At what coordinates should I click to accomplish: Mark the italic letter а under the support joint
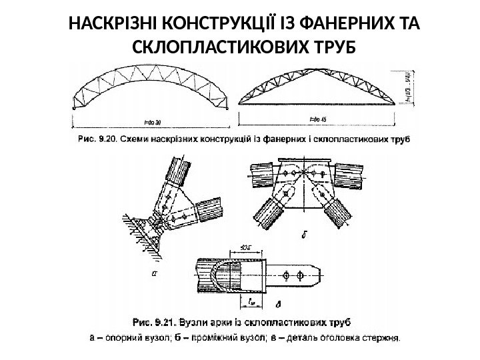155,272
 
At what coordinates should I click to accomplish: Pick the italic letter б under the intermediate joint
304,233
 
